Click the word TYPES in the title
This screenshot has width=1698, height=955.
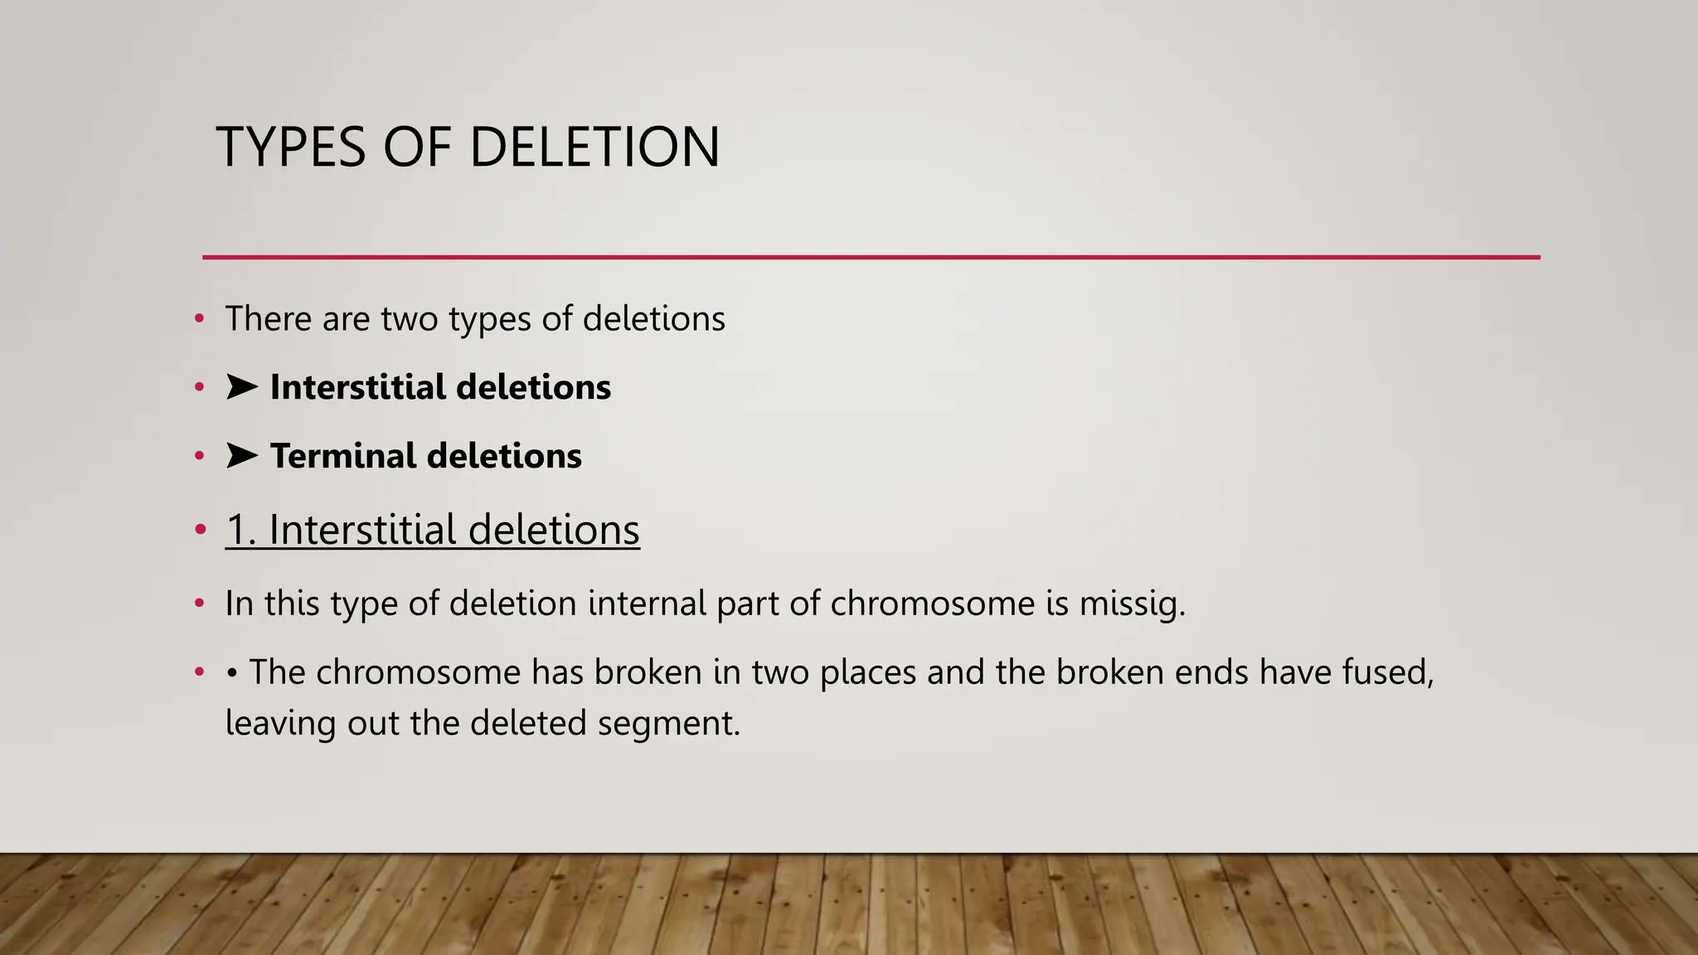point(290,148)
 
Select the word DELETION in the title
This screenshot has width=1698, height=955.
point(594,148)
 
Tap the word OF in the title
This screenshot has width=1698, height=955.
point(417,148)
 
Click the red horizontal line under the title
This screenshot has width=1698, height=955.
point(871,257)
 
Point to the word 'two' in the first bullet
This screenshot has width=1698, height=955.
point(409,319)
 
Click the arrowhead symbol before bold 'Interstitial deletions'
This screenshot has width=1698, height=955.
point(241,386)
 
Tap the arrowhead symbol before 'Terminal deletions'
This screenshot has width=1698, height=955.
point(241,455)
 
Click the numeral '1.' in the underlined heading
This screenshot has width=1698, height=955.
point(240,530)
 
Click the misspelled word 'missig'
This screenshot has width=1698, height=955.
point(1131,604)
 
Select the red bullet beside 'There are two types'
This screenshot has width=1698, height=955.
point(199,318)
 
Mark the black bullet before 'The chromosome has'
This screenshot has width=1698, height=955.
point(232,672)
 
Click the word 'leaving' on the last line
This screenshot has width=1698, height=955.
point(280,724)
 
